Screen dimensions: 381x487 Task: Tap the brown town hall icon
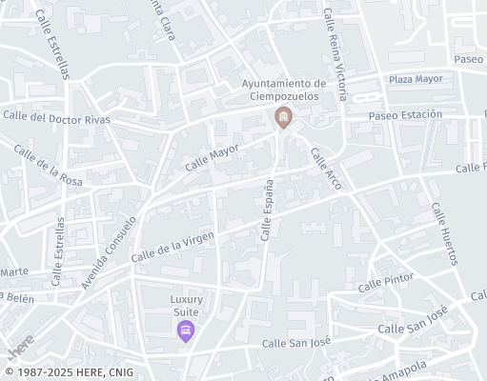[x=283, y=117]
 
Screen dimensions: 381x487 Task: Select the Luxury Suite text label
[x=187, y=305]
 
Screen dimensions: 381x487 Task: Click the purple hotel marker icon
[x=186, y=331]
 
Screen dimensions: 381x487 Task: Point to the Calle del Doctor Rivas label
[x=57, y=118]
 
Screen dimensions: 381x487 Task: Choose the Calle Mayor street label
[x=211, y=156]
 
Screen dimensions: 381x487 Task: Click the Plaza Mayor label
[x=416, y=79]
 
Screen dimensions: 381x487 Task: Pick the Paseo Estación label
[x=406, y=114]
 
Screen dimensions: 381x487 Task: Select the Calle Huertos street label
[x=444, y=233]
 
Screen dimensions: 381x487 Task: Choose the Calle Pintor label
[x=384, y=284]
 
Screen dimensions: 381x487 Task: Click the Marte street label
[x=13, y=271]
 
